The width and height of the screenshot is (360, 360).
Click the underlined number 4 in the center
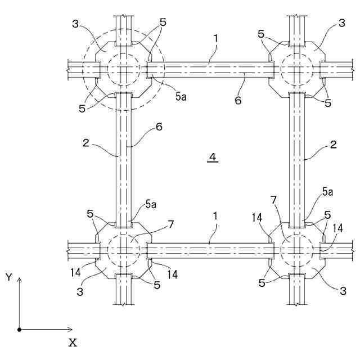pos(212,158)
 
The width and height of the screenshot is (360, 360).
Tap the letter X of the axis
pos(73,342)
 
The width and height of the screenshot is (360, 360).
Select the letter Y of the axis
pos(8,277)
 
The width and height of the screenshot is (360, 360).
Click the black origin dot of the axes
pos(19,330)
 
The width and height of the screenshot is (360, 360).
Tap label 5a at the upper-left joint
pos(181,97)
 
